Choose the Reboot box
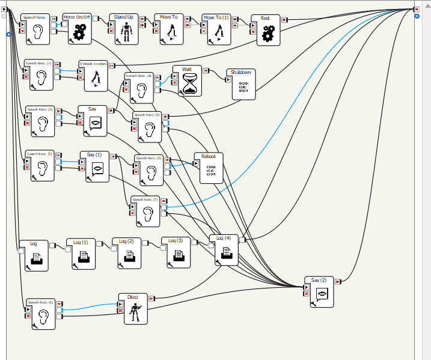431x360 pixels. click(210, 169)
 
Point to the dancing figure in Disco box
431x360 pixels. click(136, 311)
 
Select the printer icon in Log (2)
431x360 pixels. click(130, 256)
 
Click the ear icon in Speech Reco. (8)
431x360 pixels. click(43, 316)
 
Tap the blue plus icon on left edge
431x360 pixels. click(8, 35)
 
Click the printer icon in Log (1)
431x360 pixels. click(85, 257)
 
